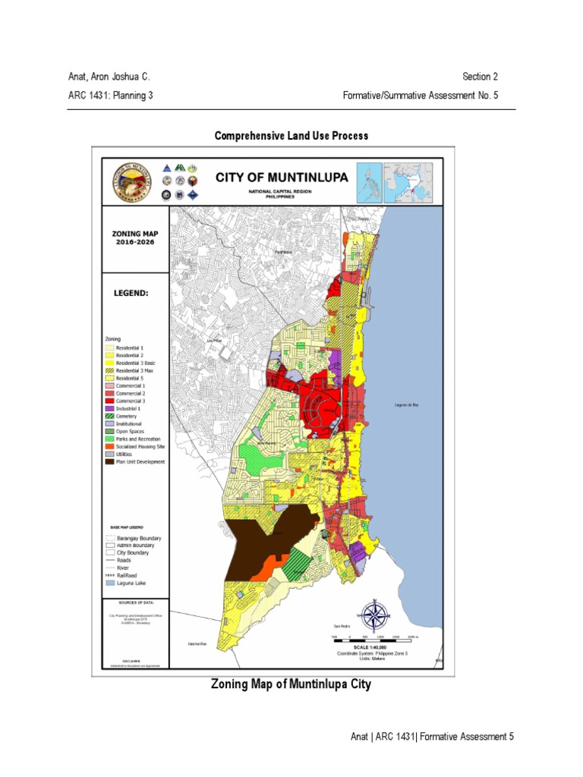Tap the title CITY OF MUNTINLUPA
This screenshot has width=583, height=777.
[281, 177]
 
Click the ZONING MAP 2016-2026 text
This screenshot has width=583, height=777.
[134, 236]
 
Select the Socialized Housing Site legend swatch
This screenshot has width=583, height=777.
[108, 446]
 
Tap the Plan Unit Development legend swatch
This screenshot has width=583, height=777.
[108, 461]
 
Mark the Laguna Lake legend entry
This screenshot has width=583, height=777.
[126, 583]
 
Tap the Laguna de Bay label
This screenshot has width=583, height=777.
[407, 404]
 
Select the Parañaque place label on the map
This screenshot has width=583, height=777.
[283, 253]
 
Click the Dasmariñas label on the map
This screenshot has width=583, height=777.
[197, 643]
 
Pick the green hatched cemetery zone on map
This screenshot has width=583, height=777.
[301, 565]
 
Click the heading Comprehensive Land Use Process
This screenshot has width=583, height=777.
[291, 136]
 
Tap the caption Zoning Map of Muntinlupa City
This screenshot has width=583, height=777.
[291, 684]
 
